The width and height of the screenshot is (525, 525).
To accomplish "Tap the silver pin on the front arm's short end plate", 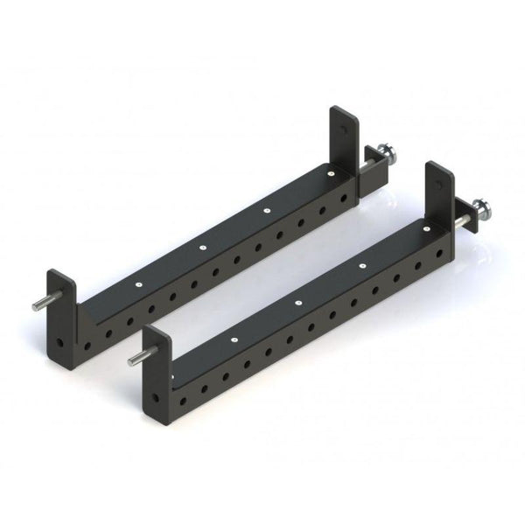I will (135, 357).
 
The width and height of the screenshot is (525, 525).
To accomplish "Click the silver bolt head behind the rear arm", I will (385, 159).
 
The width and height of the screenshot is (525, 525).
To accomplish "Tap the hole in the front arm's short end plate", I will (154, 395).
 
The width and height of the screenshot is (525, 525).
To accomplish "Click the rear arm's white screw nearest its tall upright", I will (334, 176).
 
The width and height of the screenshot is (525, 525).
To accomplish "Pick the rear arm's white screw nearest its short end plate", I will (137, 284).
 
